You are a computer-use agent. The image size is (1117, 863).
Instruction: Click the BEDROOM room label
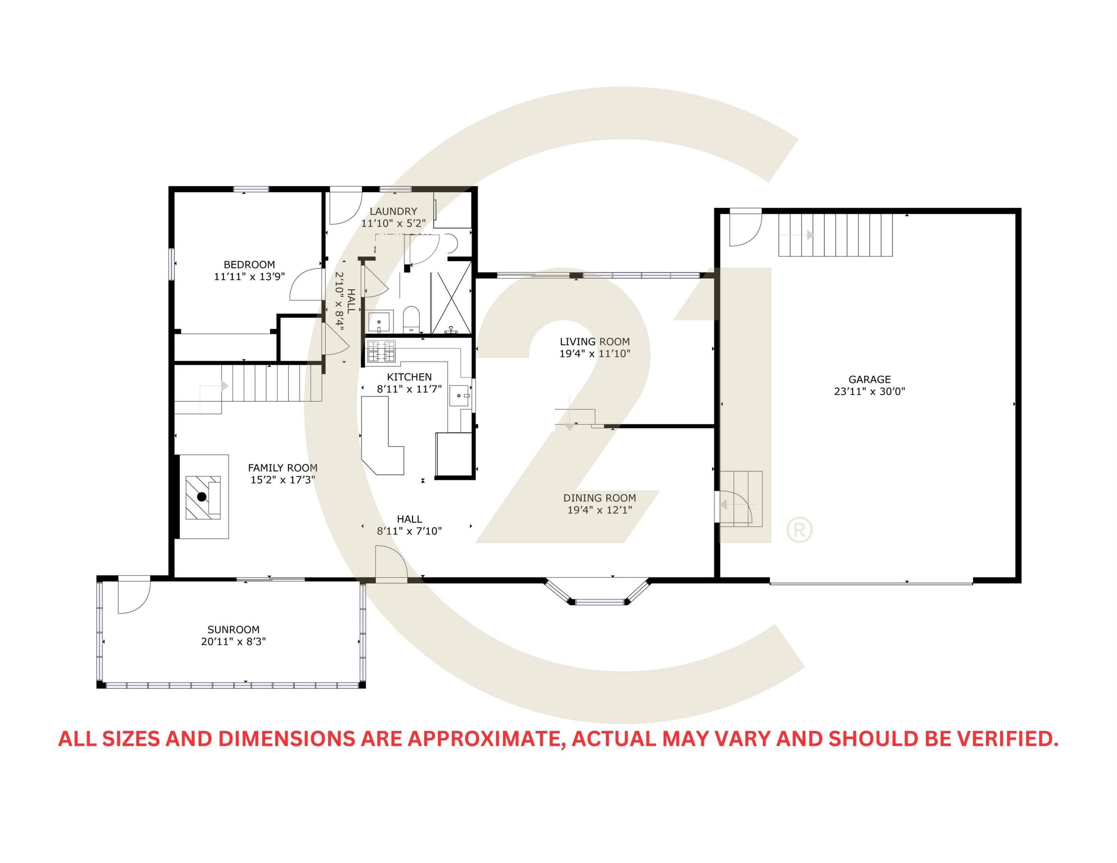[249, 264]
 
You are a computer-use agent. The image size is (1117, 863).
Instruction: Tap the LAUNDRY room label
[393, 211]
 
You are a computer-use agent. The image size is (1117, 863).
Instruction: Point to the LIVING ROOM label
[594, 342]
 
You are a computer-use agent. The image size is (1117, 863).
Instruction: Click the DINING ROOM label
[600, 498]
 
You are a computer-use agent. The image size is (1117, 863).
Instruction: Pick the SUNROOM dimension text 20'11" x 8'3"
[233, 642]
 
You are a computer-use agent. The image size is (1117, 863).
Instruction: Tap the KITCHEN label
[409, 377]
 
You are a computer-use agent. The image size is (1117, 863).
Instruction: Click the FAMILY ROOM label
[282, 468]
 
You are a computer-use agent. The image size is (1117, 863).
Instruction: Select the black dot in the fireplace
[202, 496]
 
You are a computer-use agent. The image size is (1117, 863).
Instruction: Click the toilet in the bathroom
[411, 318]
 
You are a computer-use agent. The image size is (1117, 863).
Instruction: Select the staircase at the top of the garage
[835, 235]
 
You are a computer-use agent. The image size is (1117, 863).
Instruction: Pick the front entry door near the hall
[391, 564]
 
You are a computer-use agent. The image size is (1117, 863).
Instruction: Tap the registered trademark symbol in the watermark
[799, 530]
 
